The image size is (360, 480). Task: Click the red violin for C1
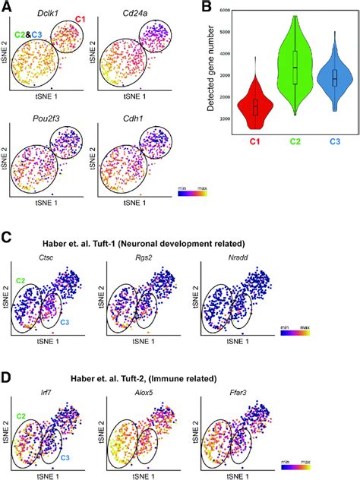255,106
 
